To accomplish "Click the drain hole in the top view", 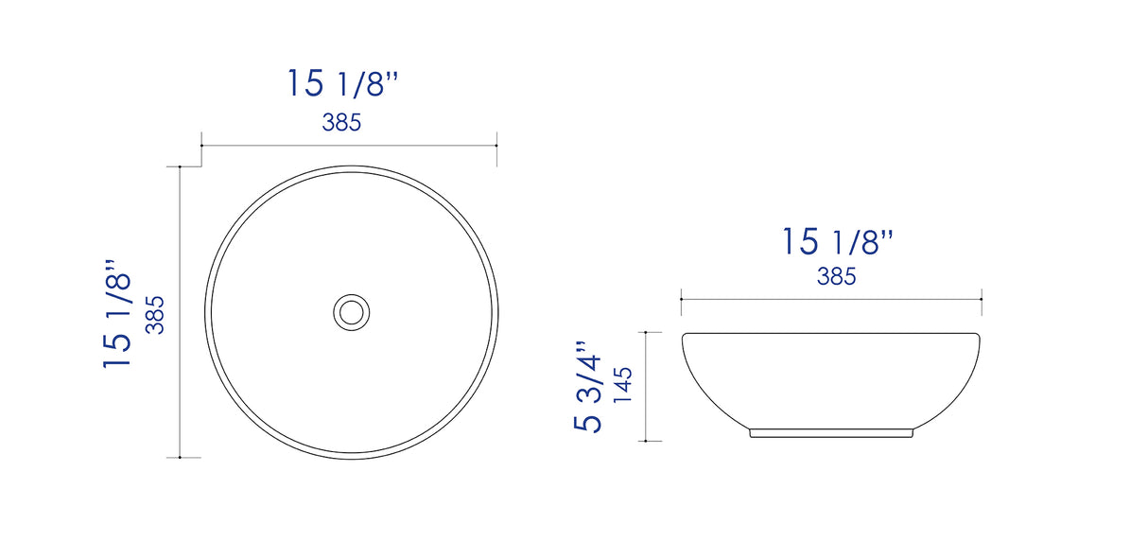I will [x=350, y=311].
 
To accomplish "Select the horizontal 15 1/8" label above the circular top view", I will [x=343, y=84].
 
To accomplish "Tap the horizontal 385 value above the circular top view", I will [x=341, y=123].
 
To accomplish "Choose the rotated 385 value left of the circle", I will [x=156, y=314].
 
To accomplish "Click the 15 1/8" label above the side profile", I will [x=837, y=242].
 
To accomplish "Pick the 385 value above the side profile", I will [x=836, y=277].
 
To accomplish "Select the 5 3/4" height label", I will [x=586, y=388].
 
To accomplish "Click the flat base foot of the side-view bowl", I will [x=831, y=432].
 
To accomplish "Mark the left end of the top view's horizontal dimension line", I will [x=201, y=146].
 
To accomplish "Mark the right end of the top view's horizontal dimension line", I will [x=497, y=146].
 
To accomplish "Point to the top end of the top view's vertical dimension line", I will [x=180, y=166].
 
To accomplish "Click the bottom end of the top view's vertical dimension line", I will [x=180, y=458].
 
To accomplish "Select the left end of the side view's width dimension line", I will [x=682, y=299].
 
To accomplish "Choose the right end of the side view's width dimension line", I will [x=982, y=299].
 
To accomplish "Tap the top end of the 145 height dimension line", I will [x=646, y=333].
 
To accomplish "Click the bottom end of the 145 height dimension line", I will [x=646, y=441].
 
